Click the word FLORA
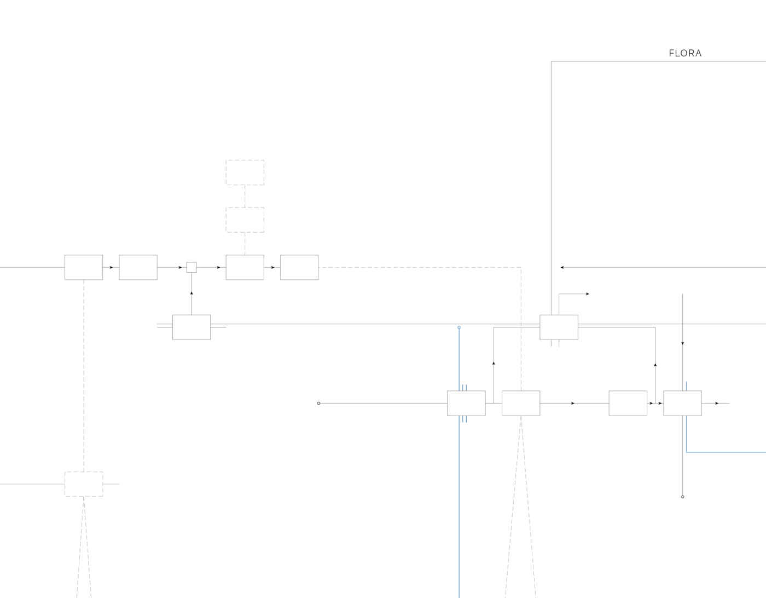coord(685,53)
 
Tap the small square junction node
coord(191,267)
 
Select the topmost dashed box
coord(245,173)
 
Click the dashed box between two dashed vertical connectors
coord(245,220)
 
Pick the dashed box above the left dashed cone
coord(84,484)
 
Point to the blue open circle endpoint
coord(459,327)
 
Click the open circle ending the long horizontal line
coord(318,403)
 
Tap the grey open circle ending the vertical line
coord(682,497)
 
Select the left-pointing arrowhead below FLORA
coord(562,267)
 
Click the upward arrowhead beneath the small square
coord(191,293)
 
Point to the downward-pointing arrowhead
coord(682,343)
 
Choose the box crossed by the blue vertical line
coord(466,403)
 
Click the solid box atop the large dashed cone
coord(521,403)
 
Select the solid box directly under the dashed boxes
coord(245,267)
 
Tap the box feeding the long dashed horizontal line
coord(299,267)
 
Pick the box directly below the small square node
coord(191,327)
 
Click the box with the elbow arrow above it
coord(559,327)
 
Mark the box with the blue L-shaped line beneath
coord(682,403)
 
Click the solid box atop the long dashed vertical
coord(84,267)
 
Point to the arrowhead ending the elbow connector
coord(588,294)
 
